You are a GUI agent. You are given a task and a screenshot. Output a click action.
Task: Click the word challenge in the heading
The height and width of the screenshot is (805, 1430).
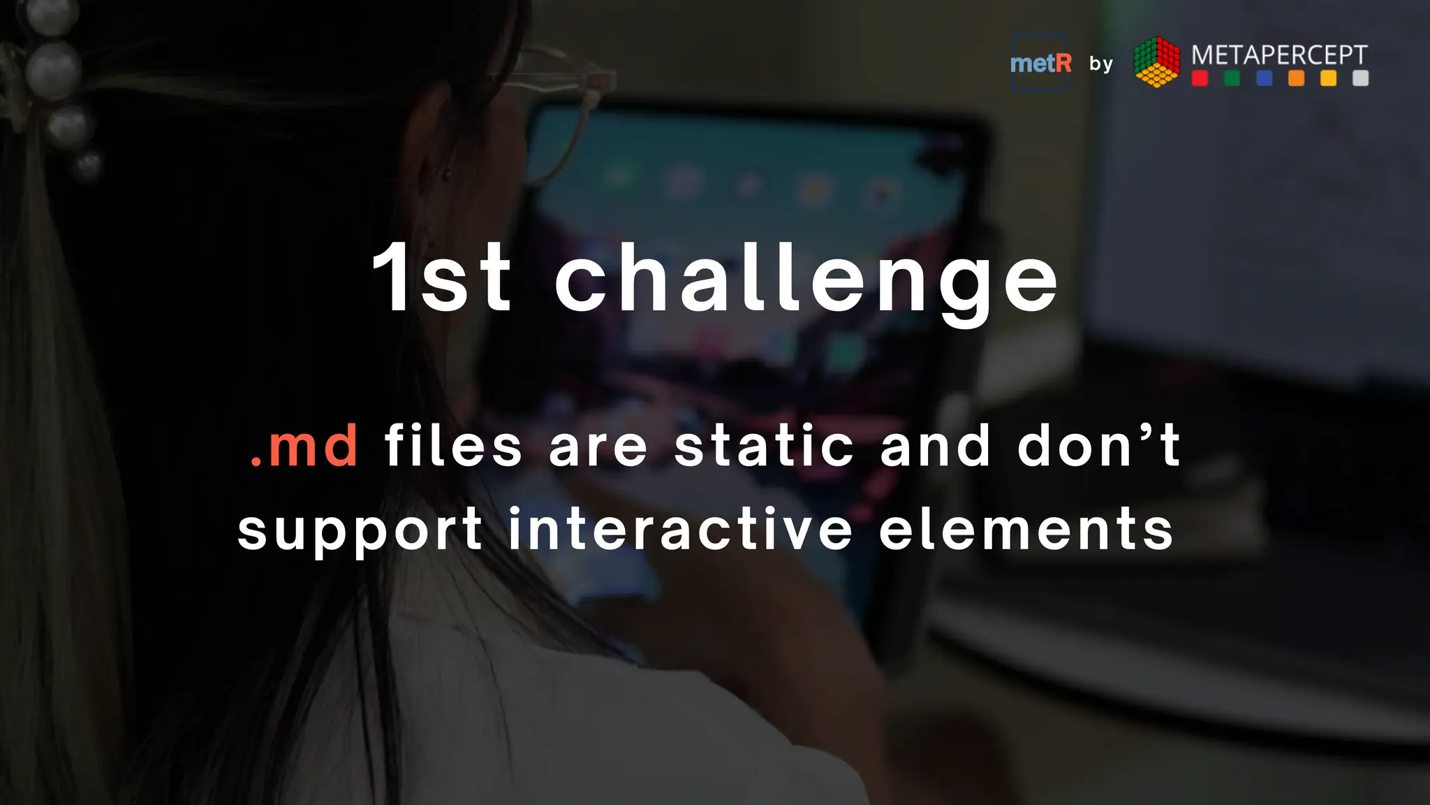(806, 280)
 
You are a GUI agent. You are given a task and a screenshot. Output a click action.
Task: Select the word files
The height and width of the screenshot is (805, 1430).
(453, 447)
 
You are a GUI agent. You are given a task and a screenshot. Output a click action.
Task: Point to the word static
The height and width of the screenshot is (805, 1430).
(764, 447)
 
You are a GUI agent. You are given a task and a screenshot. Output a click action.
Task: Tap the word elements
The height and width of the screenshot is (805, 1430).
(1026, 530)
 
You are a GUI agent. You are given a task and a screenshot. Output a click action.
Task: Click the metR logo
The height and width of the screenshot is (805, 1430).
(1040, 64)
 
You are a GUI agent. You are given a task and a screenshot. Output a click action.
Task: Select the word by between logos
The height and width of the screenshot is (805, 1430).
(1101, 64)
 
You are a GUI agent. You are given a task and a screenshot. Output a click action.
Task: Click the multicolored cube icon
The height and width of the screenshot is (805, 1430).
(1156, 62)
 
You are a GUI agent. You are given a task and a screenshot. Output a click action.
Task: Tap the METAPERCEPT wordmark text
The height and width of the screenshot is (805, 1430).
(1279, 55)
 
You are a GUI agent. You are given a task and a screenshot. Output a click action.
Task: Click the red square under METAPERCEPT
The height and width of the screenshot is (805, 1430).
(1200, 78)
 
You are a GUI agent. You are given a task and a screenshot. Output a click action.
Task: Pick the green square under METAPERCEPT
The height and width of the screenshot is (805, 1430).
(1232, 78)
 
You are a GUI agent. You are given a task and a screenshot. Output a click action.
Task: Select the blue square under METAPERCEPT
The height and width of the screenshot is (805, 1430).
(1265, 78)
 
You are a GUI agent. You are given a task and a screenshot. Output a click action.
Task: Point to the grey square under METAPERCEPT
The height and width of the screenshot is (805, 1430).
(1360, 78)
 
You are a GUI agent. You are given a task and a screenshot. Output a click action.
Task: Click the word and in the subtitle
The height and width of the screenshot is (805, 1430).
(935, 447)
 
